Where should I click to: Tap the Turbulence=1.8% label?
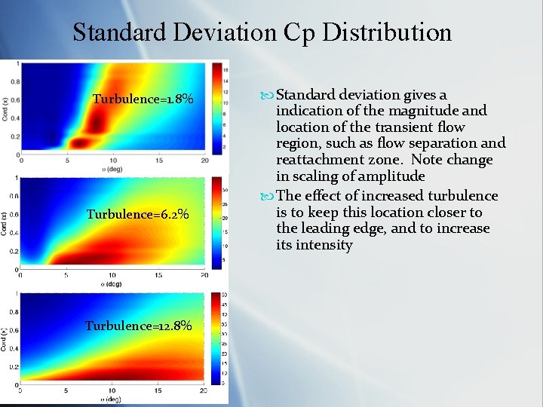point(143,99)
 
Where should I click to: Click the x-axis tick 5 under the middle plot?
point(66,275)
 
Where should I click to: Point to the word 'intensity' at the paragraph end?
point(324,245)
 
